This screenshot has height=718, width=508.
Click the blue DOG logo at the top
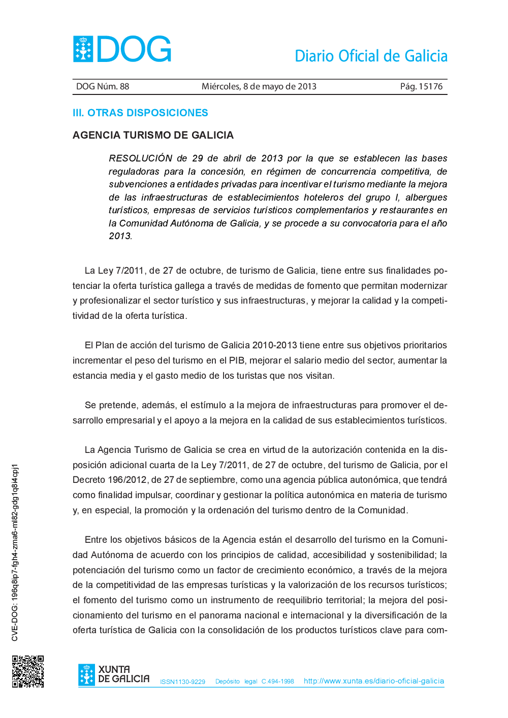pyautogui.click(x=122, y=49)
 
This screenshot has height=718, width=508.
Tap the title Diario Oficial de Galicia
pyautogui.click(x=371, y=56)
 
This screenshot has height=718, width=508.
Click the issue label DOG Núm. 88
pyautogui.click(x=103, y=86)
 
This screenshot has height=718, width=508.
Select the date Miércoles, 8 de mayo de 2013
pyautogui.click(x=259, y=86)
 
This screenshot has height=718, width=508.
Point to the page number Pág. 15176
pyautogui.click(x=421, y=86)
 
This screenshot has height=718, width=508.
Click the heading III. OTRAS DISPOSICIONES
pyautogui.click(x=140, y=113)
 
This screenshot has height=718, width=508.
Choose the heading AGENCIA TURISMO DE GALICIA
pyautogui.click(x=153, y=135)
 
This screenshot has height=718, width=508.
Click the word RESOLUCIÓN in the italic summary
pyautogui.click(x=141, y=158)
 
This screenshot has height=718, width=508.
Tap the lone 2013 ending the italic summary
pyautogui.click(x=120, y=236)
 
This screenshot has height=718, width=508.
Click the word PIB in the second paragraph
pyautogui.click(x=237, y=361)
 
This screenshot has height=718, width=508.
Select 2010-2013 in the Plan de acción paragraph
pyautogui.click(x=274, y=345)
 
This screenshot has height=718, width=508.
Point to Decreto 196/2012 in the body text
pyautogui.click(x=109, y=480)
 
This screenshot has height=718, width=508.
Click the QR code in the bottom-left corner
pyautogui.click(x=28, y=671)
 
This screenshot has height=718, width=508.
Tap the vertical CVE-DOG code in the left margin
pyautogui.click(x=15, y=552)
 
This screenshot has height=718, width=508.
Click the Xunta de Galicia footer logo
pyautogui.click(x=114, y=675)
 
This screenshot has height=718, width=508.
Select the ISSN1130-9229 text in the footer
pyautogui.click(x=182, y=682)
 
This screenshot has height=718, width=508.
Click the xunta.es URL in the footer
pyautogui.click(x=374, y=681)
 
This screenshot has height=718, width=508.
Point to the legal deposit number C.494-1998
pyautogui.click(x=277, y=681)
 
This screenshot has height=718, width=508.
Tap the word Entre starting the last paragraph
pyautogui.click(x=96, y=540)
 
